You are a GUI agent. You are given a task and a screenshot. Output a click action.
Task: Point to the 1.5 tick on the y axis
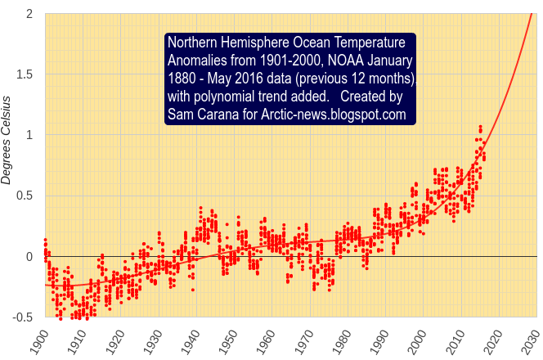(24, 74)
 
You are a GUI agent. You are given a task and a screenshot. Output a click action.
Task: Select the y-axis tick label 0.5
(24, 196)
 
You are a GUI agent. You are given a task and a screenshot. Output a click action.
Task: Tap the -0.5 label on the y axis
(21, 317)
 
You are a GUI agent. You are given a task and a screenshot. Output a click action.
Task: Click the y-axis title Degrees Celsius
(7, 139)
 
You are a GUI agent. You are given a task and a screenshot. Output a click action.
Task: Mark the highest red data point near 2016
(480, 127)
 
